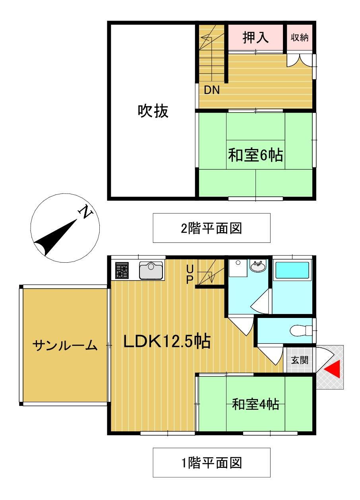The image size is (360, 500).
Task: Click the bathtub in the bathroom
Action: [292, 270]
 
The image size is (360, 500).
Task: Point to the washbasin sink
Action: [259, 266]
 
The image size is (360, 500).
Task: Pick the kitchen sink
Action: [151, 271]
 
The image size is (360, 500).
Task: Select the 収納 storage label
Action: [300, 38]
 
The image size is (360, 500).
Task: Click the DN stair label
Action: [212, 90]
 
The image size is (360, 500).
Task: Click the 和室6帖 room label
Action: [255, 155]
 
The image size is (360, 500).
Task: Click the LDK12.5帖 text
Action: [166, 341]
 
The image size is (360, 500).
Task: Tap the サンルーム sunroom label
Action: [65, 345]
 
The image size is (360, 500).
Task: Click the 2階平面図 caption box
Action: [211, 228]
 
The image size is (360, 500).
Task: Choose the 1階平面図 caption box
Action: [211, 463]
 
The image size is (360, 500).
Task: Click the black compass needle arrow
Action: [56, 238]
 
